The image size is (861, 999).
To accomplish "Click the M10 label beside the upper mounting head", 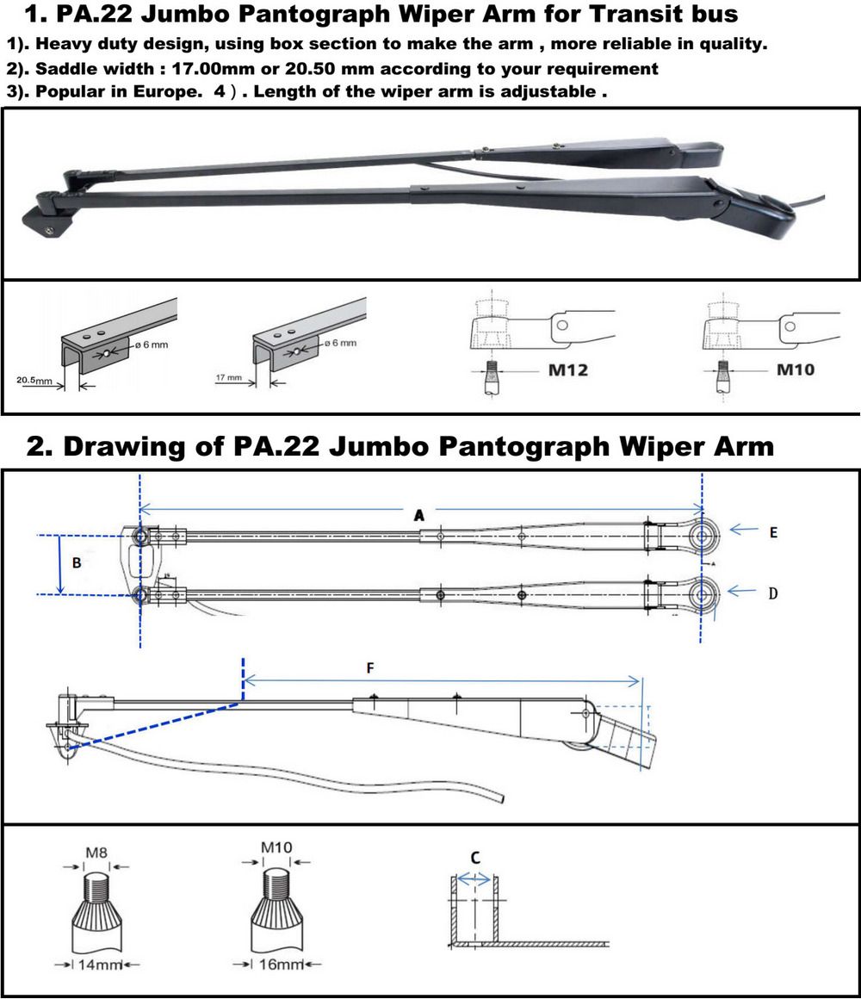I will coord(796,370).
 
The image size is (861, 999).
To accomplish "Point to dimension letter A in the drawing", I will coord(419,515).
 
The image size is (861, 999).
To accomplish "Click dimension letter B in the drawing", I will coord(77,563).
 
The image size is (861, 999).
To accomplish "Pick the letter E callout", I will coord(773,533).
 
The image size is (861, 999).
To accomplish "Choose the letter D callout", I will coord(773,593).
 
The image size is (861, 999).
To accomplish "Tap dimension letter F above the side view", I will coord(370,667).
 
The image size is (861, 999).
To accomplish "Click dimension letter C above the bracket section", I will coord(475,857).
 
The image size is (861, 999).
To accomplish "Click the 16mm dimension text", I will coord(276,964).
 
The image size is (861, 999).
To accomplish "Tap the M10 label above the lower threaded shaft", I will coord(276,847).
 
